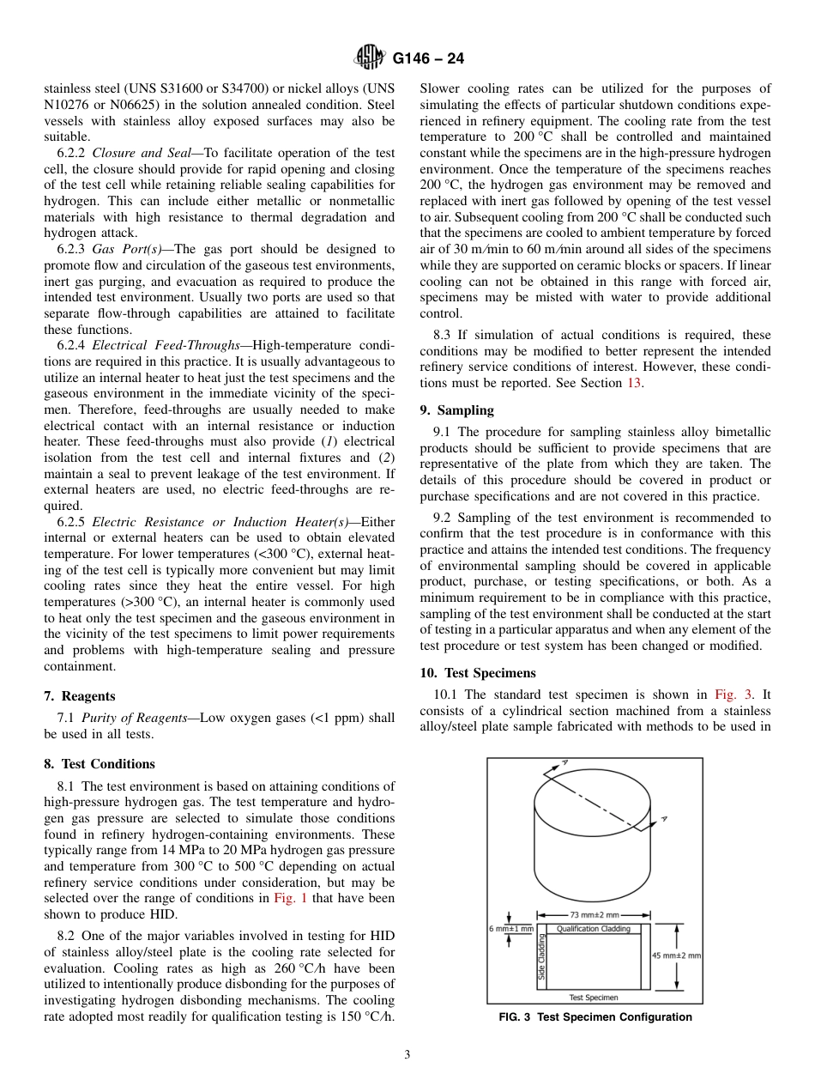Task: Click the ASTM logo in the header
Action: [371, 58]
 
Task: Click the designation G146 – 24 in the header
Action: [428, 59]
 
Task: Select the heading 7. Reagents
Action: [80, 696]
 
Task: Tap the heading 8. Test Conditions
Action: [100, 764]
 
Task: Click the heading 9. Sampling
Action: [456, 411]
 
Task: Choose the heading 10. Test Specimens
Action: [477, 673]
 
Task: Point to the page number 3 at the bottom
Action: [407, 1055]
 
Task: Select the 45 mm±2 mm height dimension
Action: [677, 955]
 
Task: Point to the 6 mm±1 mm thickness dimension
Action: [511, 929]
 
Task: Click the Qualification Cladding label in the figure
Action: [594, 929]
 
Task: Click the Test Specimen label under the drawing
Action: [594, 998]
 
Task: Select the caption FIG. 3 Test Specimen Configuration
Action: [595, 1017]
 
